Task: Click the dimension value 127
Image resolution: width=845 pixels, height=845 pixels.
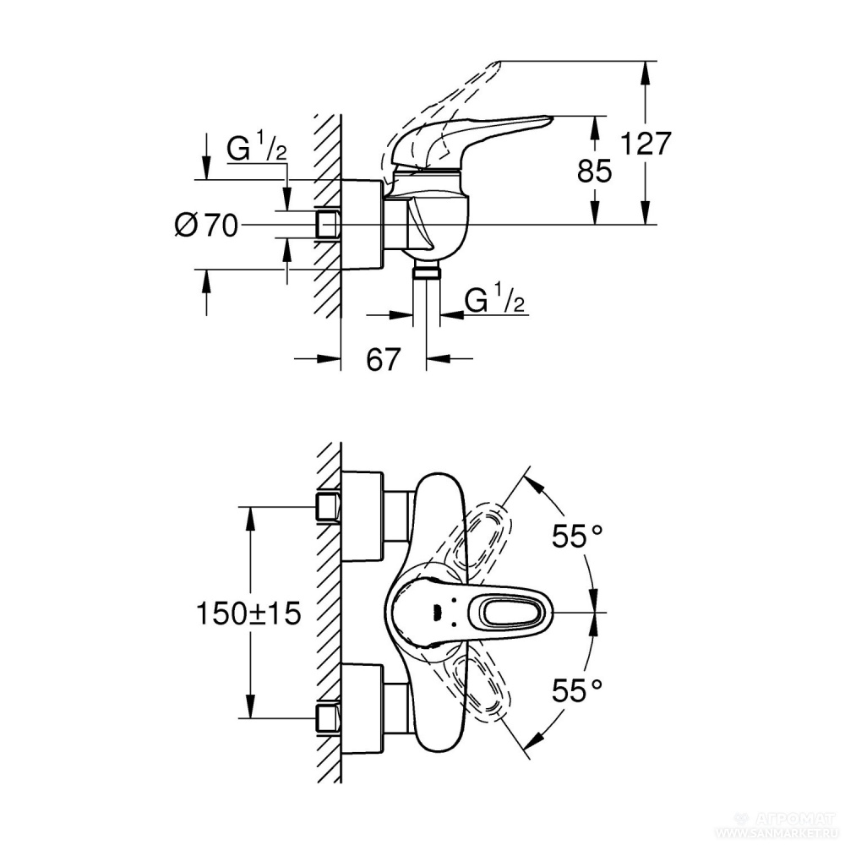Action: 646,144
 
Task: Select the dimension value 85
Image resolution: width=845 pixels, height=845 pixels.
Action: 595,172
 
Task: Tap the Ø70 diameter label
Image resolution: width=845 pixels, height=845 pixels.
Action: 207,226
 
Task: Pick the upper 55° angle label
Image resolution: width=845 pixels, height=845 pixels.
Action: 578,537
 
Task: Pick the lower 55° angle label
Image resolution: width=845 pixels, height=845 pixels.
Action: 578,691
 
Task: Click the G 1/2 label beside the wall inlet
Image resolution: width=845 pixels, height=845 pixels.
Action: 257,150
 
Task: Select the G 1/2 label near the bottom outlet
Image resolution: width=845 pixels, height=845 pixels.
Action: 497,301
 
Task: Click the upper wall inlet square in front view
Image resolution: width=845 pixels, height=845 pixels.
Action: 327,507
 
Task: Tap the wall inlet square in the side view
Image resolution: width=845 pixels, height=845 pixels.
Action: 327,225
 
